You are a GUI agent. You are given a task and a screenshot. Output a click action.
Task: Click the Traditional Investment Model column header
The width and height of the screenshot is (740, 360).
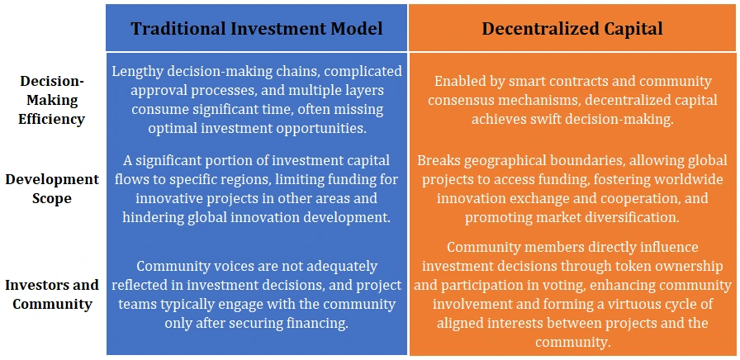point(257,29)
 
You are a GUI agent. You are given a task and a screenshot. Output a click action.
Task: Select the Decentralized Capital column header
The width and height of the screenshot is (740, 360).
point(572,29)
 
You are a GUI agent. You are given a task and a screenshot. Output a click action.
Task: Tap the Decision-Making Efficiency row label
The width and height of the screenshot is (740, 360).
point(52,100)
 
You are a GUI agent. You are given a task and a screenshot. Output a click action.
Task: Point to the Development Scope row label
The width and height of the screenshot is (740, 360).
point(52,189)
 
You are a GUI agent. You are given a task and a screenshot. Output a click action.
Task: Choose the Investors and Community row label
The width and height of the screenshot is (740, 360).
point(52,295)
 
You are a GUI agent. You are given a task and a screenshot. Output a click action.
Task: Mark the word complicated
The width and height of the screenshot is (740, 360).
point(363,72)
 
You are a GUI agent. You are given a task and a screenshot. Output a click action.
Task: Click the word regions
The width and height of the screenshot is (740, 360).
point(318,180)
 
